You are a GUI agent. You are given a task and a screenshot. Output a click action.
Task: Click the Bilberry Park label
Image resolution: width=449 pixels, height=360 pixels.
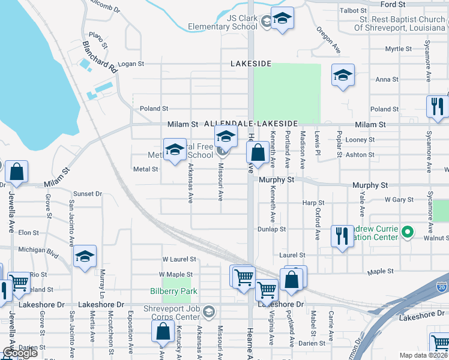173,292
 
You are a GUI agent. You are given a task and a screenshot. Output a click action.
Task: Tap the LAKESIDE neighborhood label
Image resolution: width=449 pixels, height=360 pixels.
251,64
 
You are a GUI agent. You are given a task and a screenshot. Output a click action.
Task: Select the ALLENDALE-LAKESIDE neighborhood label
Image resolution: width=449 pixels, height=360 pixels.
247,122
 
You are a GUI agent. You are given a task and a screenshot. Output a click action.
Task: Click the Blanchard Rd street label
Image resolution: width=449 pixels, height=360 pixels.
100,57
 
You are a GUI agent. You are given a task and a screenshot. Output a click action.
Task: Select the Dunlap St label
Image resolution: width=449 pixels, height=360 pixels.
272,229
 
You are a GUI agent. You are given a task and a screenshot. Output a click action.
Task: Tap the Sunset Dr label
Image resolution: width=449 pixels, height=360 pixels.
88,194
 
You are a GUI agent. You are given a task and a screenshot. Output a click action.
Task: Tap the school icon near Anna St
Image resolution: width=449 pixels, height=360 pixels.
343,75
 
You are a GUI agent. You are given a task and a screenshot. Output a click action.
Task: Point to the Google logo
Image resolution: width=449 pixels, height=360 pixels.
20,353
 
